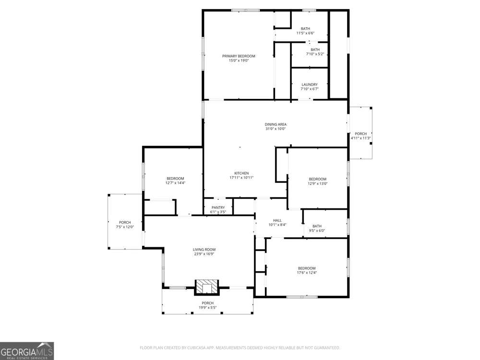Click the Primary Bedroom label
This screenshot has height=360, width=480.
(239, 56)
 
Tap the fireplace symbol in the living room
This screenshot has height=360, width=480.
(207, 288)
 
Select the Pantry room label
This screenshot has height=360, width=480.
(218, 207)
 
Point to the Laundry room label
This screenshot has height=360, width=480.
(310, 84)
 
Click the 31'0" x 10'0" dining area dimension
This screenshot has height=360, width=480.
(276, 129)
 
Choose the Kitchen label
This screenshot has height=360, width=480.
(241, 173)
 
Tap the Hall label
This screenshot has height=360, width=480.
(277, 220)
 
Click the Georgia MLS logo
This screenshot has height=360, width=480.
(27, 351)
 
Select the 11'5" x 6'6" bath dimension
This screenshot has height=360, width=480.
(305, 33)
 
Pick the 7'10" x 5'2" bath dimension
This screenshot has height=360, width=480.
(315, 54)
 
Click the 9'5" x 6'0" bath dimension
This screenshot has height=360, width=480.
(317, 231)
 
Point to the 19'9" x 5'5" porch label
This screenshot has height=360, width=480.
(207, 305)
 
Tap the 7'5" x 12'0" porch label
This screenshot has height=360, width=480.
(125, 225)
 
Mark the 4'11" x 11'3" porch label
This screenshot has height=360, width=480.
(360, 136)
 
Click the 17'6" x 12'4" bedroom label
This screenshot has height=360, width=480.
(307, 270)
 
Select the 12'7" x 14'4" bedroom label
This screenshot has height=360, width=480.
(175, 180)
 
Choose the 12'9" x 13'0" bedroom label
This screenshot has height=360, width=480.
(317, 181)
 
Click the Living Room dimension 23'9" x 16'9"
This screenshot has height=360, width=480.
(204, 254)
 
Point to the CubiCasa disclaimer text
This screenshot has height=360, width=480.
(240, 348)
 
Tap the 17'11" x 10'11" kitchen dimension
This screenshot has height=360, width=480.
(241, 178)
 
